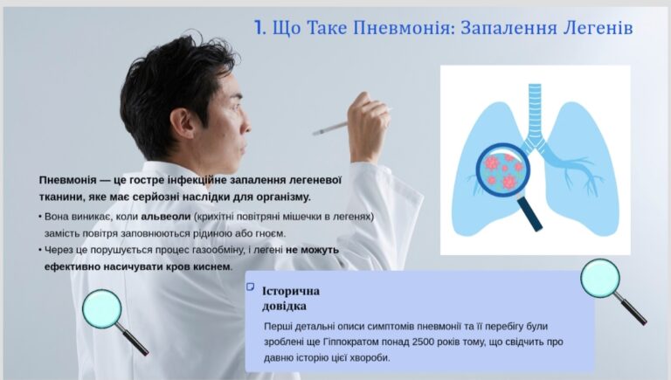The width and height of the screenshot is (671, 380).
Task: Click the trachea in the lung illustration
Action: (x=535, y=112)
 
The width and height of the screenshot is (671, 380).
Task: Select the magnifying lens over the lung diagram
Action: (x=503, y=169)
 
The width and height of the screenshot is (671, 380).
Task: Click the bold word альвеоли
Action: (x=166, y=217)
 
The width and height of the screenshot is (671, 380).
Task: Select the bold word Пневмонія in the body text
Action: (x=67, y=180)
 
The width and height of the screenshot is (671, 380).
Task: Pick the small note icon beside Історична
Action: (x=251, y=287)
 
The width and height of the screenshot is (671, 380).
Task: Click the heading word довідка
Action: (x=284, y=307)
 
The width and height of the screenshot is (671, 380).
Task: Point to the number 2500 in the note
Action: (x=424, y=342)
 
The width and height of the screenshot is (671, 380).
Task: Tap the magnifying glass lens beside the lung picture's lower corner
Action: (x=600, y=279)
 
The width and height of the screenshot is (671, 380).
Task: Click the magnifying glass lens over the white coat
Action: (x=102, y=309)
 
